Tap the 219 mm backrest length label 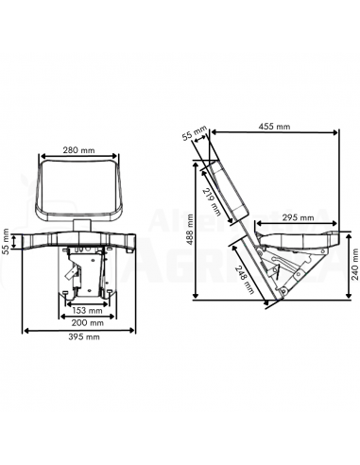(210, 201)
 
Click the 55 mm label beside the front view (7, 243)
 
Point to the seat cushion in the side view (293, 232)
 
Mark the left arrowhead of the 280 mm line (40, 158)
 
